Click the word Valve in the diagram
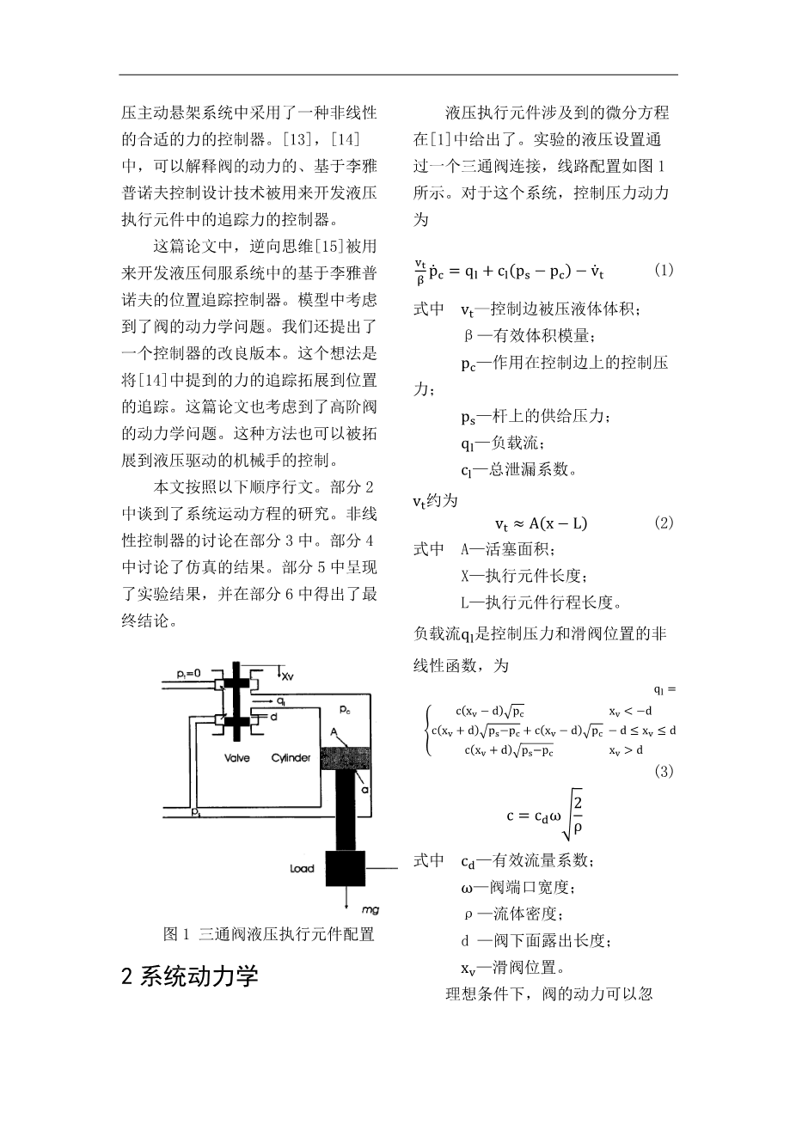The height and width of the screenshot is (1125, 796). (x=237, y=759)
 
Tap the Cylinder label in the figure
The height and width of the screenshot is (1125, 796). (x=291, y=759)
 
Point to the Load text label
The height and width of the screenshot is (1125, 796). (x=302, y=869)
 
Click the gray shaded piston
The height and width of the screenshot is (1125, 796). (x=345, y=759)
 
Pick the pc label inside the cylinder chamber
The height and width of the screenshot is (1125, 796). (x=345, y=710)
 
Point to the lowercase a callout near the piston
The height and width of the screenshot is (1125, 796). (x=367, y=787)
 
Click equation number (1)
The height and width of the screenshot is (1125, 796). (x=664, y=270)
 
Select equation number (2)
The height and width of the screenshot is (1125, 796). (x=664, y=523)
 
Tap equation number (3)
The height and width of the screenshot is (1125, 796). (x=664, y=772)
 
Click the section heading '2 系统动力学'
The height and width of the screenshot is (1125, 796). (x=190, y=976)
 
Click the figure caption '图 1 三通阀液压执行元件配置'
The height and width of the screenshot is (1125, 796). (x=269, y=934)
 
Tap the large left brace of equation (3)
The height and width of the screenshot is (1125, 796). (x=427, y=730)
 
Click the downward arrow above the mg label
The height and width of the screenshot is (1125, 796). (x=345, y=899)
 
